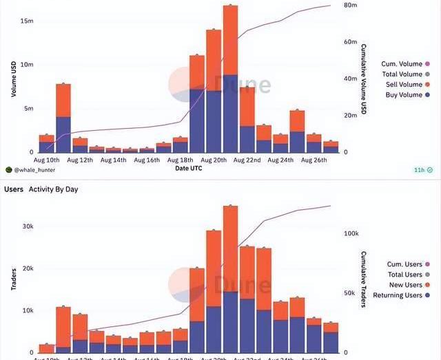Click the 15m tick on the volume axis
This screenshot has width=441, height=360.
coord(26,21)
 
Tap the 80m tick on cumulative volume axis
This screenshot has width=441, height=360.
coord(349,6)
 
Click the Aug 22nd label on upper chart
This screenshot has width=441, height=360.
coord(247,160)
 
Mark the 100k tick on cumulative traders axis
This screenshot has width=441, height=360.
coord(351,234)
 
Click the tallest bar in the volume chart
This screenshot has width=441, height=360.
coord(230,78)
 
